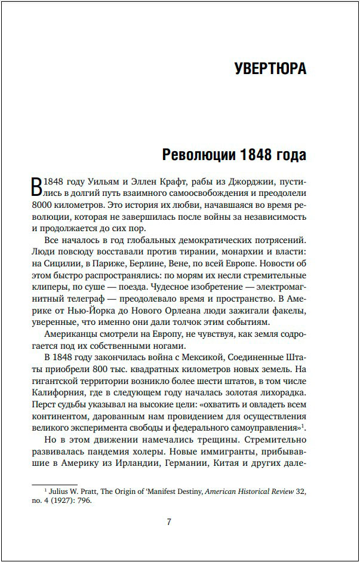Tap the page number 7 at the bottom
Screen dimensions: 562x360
(169, 522)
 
